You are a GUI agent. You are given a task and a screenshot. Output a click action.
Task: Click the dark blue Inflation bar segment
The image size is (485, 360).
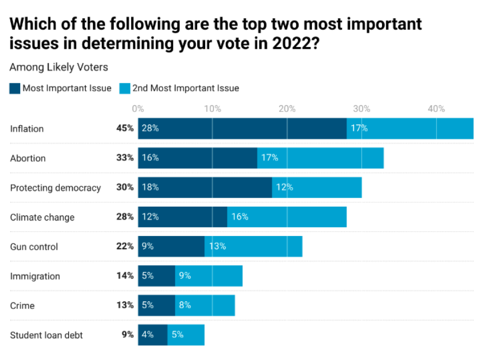pyautogui.click(x=242, y=129)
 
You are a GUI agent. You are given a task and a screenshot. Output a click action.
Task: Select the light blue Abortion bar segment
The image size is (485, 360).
pyautogui.click(x=321, y=158)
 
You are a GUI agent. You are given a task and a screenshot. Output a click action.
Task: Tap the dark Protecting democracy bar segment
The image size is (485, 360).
pyautogui.click(x=205, y=187)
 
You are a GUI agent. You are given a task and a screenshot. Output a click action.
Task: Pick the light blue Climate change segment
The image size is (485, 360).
pyautogui.click(x=287, y=217)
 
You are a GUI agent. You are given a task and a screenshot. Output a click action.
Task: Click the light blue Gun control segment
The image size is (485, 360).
pyautogui.click(x=253, y=246)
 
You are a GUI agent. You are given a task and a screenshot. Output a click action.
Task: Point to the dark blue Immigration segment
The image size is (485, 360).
pyautogui.click(x=156, y=276)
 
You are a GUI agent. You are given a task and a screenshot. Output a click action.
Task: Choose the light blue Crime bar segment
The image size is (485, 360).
pyautogui.click(x=205, y=305)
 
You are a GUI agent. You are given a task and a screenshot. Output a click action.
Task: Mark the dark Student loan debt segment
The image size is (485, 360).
pyautogui.click(x=152, y=335)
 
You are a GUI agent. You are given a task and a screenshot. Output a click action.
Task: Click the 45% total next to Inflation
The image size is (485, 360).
pyautogui.click(x=125, y=129)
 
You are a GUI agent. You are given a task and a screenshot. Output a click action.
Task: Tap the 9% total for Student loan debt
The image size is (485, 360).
pyautogui.click(x=128, y=335)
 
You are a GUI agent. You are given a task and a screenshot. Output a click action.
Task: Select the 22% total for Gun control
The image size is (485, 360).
pyautogui.click(x=125, y=246)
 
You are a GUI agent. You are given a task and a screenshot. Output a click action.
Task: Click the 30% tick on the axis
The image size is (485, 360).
pyautogui.click(x=361, y=109)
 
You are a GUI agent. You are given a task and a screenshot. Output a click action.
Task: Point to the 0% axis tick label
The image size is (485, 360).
pyautogui.click(x=138, y=109)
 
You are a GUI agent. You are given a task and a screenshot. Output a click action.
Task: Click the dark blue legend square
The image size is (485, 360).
pyautogui.click(x=14, y=88)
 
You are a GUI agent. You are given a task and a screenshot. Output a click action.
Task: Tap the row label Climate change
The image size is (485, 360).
pyautogui.click(x=42, y=217)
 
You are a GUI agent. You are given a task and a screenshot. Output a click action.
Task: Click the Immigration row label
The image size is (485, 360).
pyautogui.click(x=35, y=276)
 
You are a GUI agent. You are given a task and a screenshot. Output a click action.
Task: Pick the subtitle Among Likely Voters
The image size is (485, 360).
pyautogui.click(x=59, y=67)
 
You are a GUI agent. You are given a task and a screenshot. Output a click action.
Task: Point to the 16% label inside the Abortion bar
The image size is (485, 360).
pyautogui.click(x=150, y=158)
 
